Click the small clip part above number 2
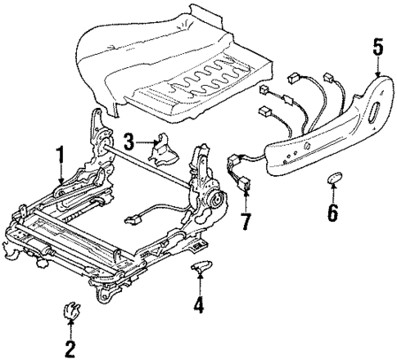[70, 311]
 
